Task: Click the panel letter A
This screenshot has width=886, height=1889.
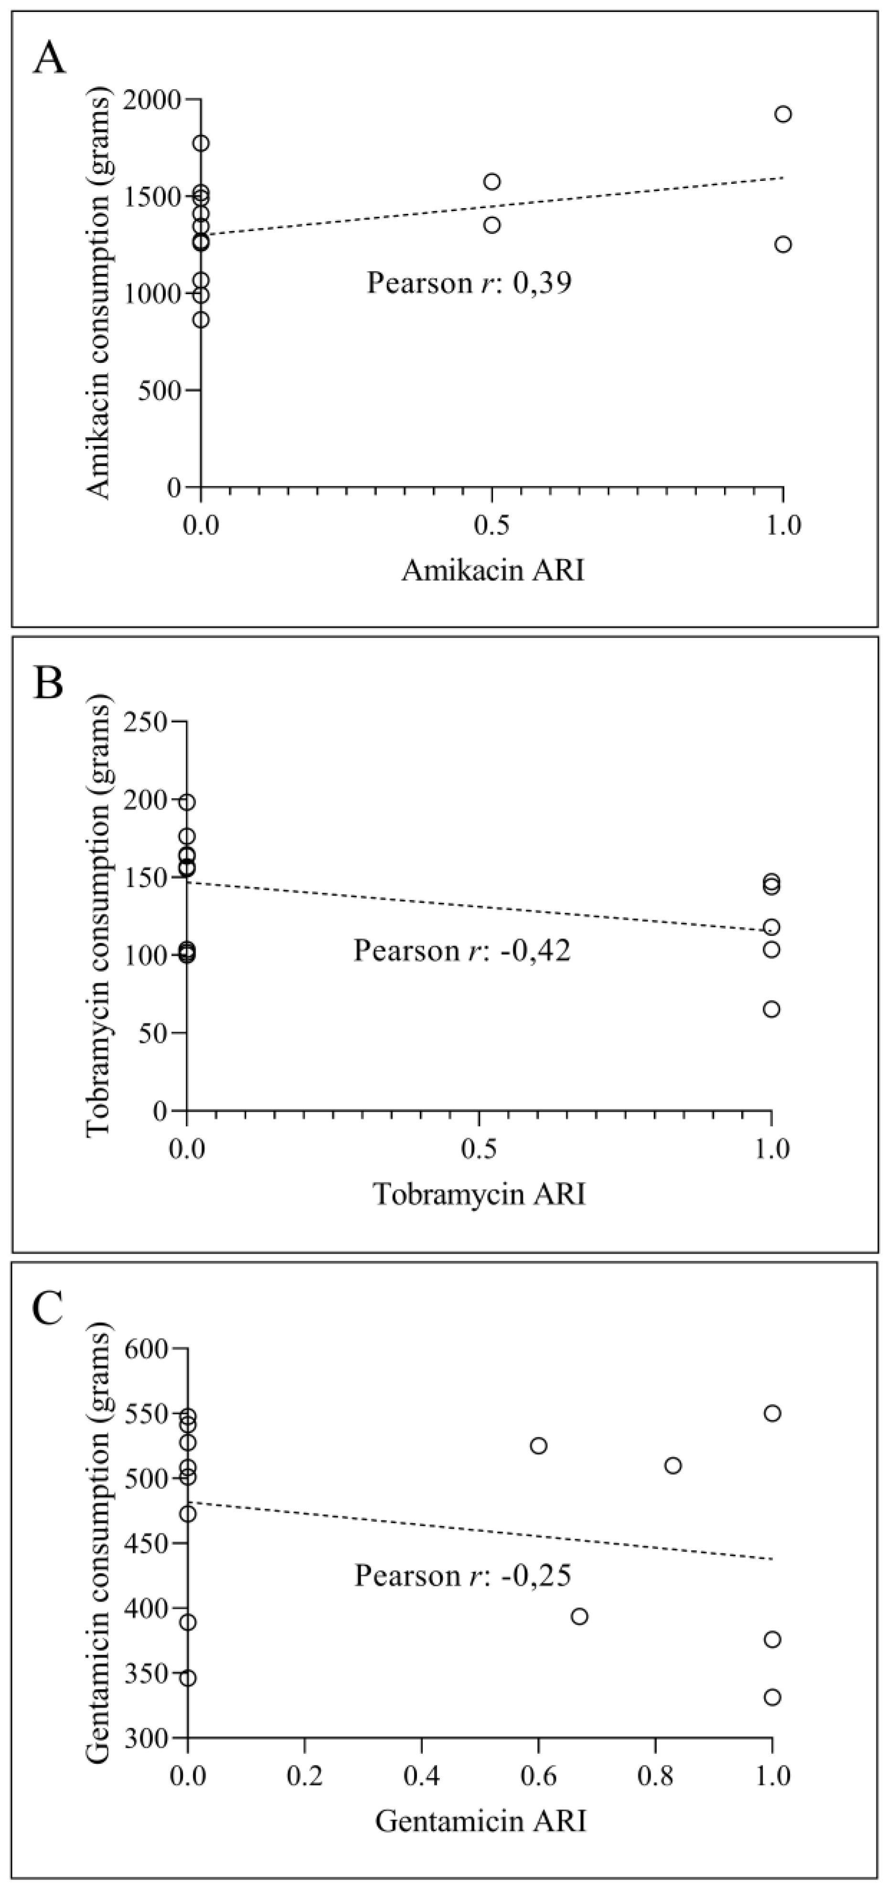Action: (x=49, y=59)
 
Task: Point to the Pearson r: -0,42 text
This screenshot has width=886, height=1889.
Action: (x=461, y=950)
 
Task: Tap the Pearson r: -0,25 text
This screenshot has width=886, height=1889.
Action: (x=462, y=1575)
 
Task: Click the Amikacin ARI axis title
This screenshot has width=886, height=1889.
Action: (x=493, y=570)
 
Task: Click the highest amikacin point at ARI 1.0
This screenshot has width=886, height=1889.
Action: (x=783, y=114)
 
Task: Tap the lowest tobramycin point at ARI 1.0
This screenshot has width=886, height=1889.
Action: (x=771, y=1009)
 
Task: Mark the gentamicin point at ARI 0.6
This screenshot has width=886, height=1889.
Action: (x=538, y=1446)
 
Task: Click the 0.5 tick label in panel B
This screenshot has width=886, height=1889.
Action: (x=478, y=1149)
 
